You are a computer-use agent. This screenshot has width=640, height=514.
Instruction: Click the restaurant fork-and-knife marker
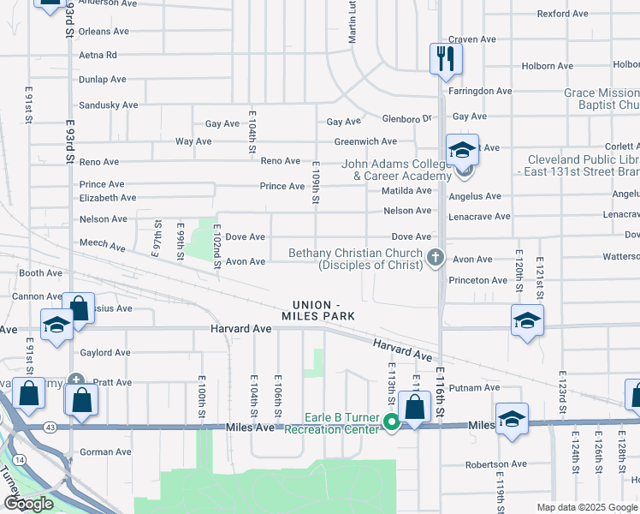pos(446,58)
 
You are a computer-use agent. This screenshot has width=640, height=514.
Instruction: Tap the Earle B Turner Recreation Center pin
pos(392,421)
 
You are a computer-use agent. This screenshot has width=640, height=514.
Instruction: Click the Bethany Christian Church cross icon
pos(436,256)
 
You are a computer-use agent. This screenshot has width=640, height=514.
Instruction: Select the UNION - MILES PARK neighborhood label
pos(323,311)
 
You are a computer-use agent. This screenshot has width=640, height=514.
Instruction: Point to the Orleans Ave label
pos(104,32)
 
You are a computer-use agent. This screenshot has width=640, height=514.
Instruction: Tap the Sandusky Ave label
pos(108,105)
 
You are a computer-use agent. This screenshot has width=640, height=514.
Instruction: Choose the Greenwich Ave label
pos(365,141)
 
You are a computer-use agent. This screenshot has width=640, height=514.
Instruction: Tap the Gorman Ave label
pos(105,451)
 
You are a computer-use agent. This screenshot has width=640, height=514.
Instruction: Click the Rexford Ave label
pos(562,14)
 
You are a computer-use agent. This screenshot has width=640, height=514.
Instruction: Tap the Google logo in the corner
pos(28,504)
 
